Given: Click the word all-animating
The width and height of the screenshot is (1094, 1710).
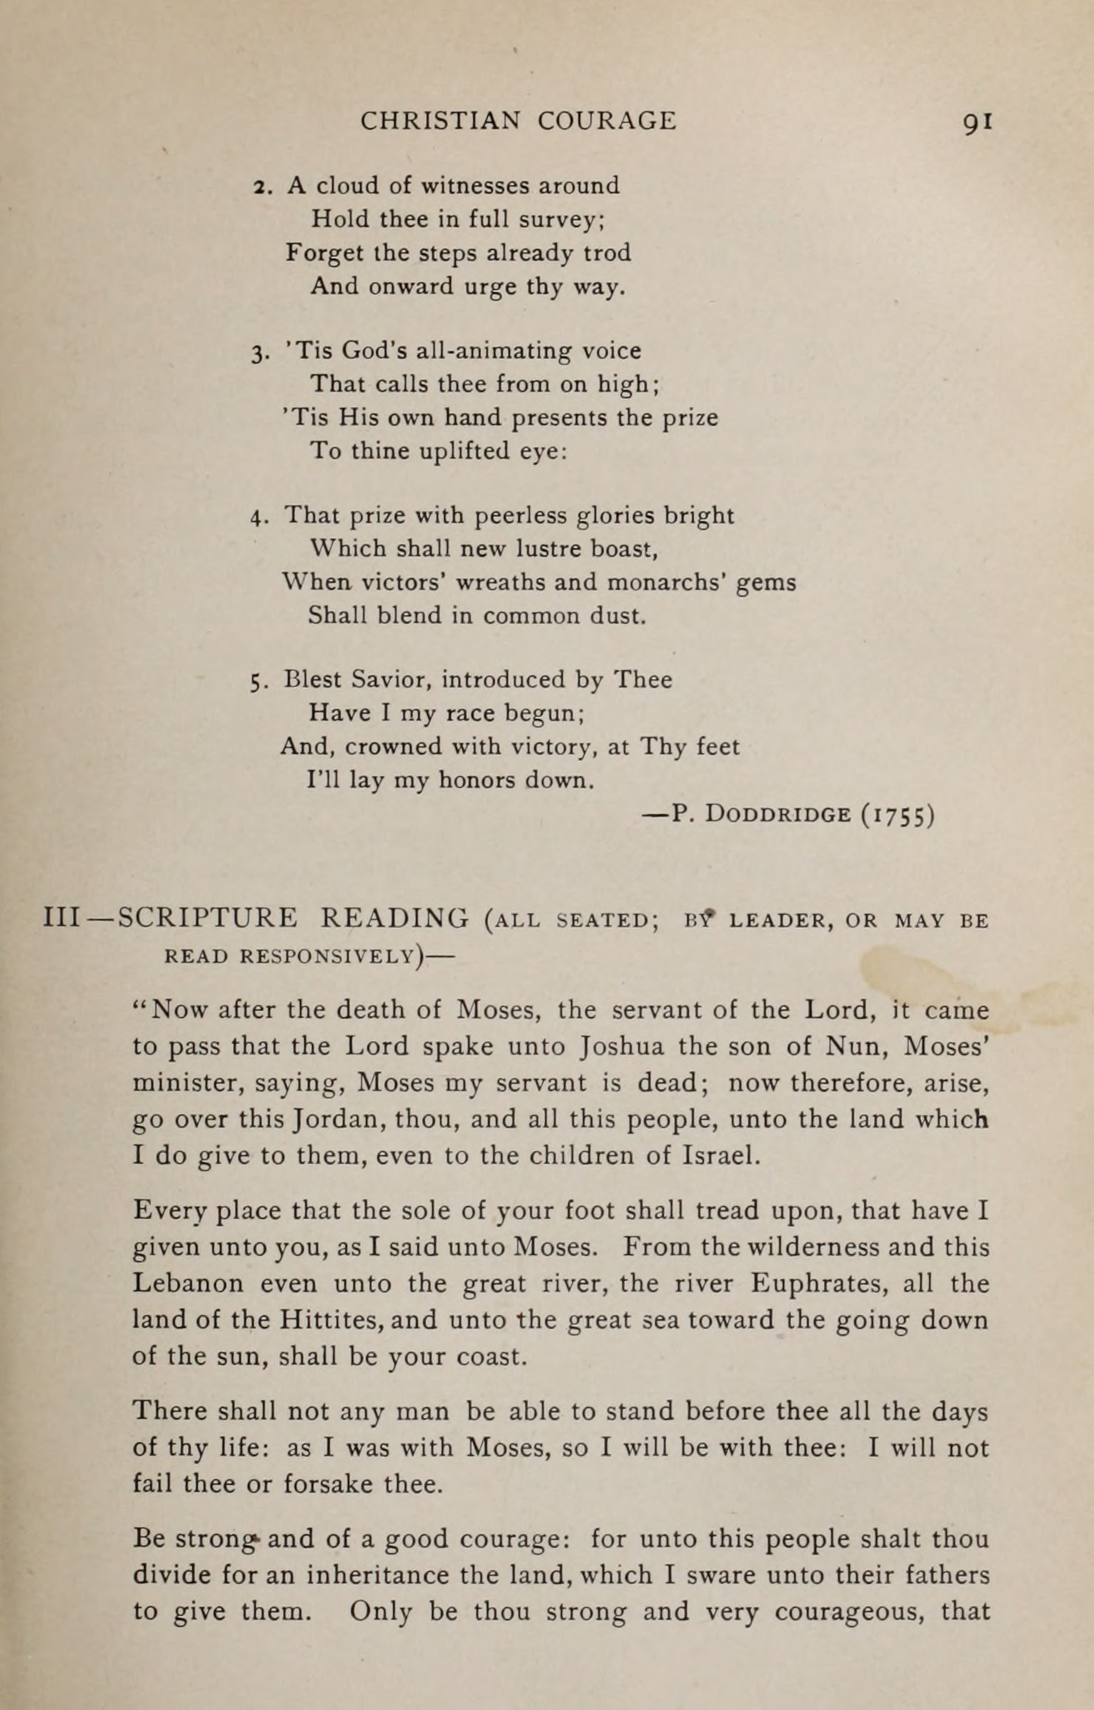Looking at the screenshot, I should tap(487, 351).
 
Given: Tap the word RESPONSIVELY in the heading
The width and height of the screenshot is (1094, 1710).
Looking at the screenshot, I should tap(328, 956).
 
